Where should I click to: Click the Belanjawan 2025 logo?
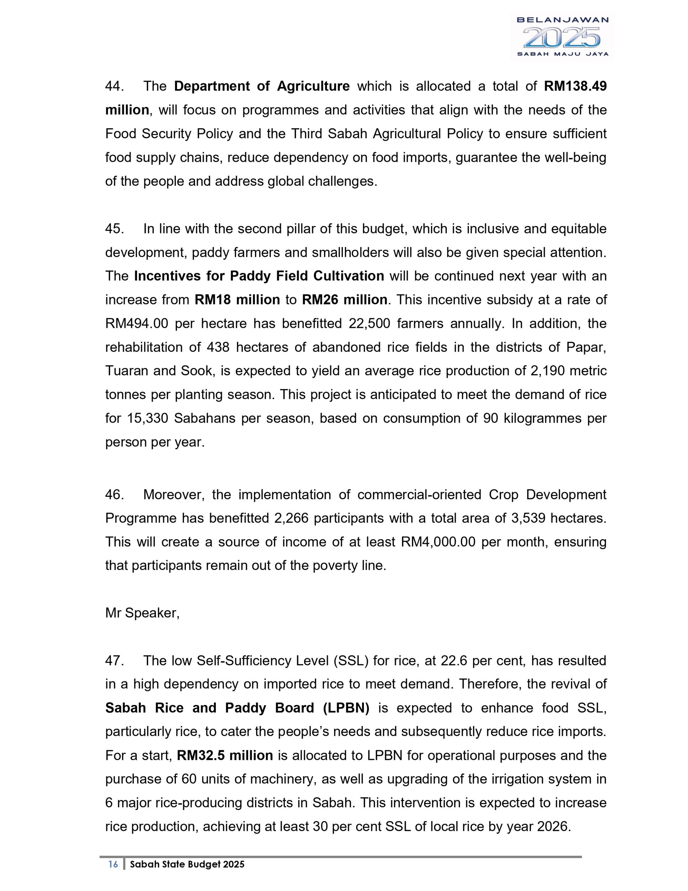562,37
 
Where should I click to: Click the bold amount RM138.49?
575,87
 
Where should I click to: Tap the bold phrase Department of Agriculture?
262,87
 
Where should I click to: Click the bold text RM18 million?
237,300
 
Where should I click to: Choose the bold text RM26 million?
344,300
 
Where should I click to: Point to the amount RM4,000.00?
438,542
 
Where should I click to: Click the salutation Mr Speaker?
142,613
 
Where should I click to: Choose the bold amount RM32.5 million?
225,755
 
